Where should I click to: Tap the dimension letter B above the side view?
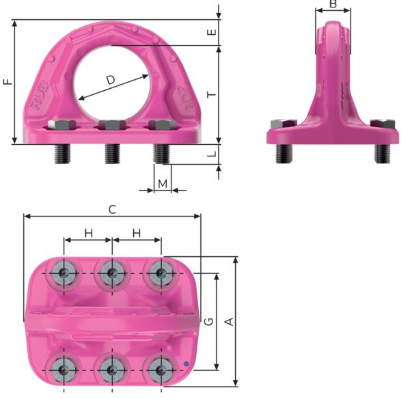point(333,5)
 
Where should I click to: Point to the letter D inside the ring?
point(111,80)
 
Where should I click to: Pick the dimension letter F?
point(8,82)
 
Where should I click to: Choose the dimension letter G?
point(209,321)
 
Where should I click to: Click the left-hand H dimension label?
point(88,233)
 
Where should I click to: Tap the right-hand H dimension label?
point(136,233)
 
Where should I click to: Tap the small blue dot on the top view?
point(185,362)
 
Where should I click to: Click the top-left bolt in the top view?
point(64,274)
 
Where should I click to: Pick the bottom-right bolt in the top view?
point(161,371)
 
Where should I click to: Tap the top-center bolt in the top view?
point(111,274)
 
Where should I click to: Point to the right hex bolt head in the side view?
point(381,124)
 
